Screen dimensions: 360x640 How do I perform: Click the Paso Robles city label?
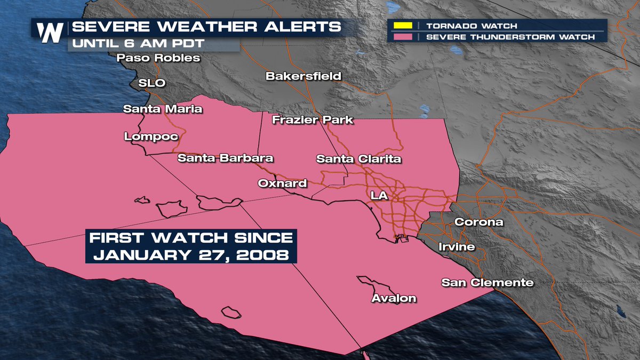(159, 58)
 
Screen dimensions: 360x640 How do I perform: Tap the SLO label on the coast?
(152, 83)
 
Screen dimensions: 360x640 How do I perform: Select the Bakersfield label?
(303, 76)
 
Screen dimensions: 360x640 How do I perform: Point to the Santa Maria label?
(163, 109)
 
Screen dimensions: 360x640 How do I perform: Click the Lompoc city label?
(151, 137)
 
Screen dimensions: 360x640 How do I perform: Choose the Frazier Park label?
(313, 119)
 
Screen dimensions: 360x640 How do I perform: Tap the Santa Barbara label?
(225, 158)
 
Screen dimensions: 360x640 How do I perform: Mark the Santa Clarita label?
(358, 159)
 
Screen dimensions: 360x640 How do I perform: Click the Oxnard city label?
(282, 183)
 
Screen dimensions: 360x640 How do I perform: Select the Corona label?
(478, 222)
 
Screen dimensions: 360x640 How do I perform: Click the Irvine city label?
(457, 247)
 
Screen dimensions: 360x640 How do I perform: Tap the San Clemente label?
(487, 283)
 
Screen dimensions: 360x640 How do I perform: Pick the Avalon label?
(394, 298)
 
